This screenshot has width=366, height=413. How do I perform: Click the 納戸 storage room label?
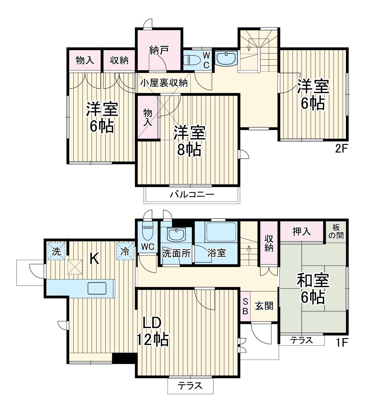159,50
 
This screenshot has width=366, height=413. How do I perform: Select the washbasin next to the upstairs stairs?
226,58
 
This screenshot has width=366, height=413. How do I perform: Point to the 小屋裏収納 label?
164,83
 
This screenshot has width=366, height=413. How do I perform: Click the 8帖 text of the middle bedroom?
189,150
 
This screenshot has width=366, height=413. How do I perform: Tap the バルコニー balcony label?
192,194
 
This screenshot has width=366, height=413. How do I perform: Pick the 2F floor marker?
341,149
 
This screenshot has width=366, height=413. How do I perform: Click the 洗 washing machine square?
57,251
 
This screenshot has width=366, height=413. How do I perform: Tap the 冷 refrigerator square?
125,251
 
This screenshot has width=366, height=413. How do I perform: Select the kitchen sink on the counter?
97,288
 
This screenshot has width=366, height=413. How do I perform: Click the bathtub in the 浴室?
221,232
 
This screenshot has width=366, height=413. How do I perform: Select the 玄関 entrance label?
264,306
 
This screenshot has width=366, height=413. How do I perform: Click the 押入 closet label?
302,231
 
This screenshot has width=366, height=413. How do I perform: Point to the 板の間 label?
336,231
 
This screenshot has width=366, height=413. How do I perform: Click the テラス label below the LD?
190,386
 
